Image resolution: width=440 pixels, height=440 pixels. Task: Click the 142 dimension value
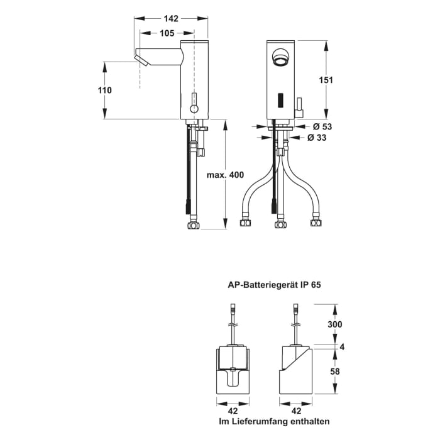click(x=172, y=18)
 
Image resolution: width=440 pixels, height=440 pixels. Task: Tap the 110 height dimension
click(x=104, y=90)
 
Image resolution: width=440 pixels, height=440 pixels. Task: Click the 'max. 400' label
click(x=224, y=174)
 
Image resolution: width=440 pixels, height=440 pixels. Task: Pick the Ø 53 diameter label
click(x=323, y=126)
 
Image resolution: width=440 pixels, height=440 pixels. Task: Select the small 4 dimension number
click(x=342, y=346)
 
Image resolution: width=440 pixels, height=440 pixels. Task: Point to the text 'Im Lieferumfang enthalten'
click(x=273, y=421)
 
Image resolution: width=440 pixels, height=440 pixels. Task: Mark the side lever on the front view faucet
click(x=300, y=104)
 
